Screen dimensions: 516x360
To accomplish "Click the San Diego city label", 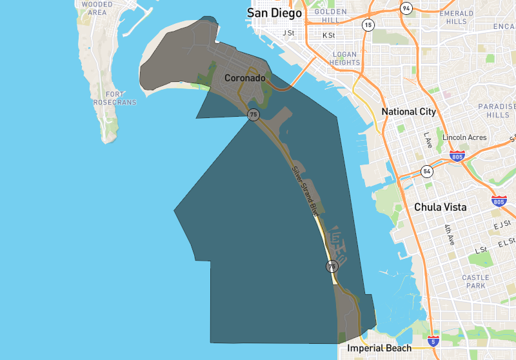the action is (x=274, y=14).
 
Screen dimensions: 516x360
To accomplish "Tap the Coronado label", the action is (x=244, y=78).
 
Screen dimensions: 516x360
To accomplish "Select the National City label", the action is (x=408, y=112).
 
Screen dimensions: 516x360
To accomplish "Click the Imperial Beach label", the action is (x=379, y=348).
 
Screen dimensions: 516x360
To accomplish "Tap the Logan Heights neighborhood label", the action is (x=345, y=59).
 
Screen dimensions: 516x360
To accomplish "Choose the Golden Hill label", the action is (x=331, y=16).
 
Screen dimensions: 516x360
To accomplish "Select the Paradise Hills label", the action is (x=498, y=110).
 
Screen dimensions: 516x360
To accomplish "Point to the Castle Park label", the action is (x=475, y=281).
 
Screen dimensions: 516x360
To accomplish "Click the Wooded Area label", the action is (x=97, y=8).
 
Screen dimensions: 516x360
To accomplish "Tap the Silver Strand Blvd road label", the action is (x=305, y=191).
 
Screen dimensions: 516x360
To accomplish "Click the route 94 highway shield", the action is (x=405, y=8).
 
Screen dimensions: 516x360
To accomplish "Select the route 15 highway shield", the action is (x=368, y=25).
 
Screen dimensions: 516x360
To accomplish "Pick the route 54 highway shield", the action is (x=426, y=172).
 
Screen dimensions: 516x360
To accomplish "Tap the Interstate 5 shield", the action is (x=433, y=341).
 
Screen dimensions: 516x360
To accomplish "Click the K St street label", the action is (x=329, y=35).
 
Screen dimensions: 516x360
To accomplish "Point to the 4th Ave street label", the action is (x=450, y=235).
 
